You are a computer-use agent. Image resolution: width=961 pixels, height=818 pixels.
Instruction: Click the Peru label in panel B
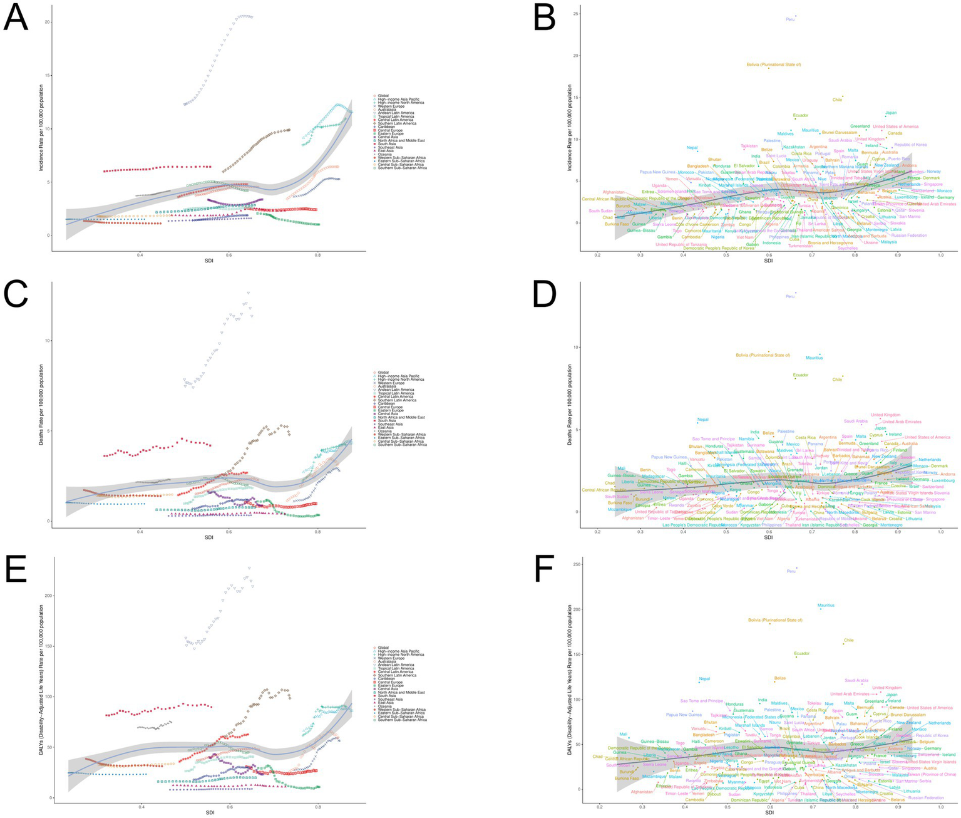pyautogui.click(x=790, y=19)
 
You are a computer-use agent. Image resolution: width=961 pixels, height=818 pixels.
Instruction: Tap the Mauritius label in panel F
pyautogui.click(x=826, y=605)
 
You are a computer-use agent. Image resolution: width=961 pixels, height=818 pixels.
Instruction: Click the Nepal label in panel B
pyautogui.click(x=692, y=148)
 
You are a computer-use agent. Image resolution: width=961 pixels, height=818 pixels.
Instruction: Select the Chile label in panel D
pyautogui.click(x=836, y=380)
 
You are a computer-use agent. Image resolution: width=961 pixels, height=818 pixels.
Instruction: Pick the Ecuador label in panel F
pyautogui.click(x=801, y=653)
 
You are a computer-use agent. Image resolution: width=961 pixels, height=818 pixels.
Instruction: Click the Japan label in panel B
pyautogui.click(x=890, y=113)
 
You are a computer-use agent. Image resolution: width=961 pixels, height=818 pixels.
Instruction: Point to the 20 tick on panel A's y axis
pyautogui.click(x=47, y=22)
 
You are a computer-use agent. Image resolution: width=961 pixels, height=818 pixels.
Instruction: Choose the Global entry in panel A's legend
pyautogui.click(x=383, y=95)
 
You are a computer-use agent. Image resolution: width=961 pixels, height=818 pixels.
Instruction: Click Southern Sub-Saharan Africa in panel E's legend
pyautogui.click(x=403, y=720)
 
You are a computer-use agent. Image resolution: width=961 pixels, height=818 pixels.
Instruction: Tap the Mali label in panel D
pyautogui.click(x=621, y=469)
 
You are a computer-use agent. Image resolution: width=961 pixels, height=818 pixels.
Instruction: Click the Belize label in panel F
pyautogui.click(x=779, y=678)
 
